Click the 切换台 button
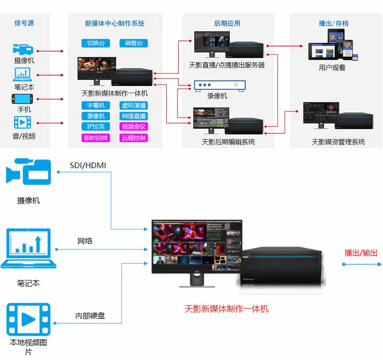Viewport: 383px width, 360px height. click(x=96, y=44)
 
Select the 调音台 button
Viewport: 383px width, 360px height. click(x=133, y=44)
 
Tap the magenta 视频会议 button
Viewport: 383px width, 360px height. click(x=133, y=127)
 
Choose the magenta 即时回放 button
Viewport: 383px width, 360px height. click(x=96, y=138)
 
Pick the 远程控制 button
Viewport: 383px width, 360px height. click(x=133, y=138)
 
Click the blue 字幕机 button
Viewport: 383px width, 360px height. click(x=96, y=106)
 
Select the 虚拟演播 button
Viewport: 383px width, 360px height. click(x=133, y=106)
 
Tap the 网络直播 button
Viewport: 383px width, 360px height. click(x=133, y=116)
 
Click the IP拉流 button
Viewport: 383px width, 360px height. click(x=96, y=127)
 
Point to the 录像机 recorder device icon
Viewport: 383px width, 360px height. click(x=219, y=85)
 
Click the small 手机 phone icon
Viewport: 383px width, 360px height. click(x=23, y=99)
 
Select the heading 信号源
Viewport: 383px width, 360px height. click(x=24, y=23)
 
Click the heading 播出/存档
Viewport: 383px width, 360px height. click(x=333, y=23)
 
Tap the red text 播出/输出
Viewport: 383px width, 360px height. click(x=361, y=253)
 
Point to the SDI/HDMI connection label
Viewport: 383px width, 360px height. click(x=88, y=165)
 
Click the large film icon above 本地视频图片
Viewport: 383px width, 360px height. click(x=29, y=319)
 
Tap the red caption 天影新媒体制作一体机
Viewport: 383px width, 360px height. click(x=226, y=309)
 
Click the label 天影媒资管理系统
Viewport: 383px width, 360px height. click(x=338, y=142)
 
